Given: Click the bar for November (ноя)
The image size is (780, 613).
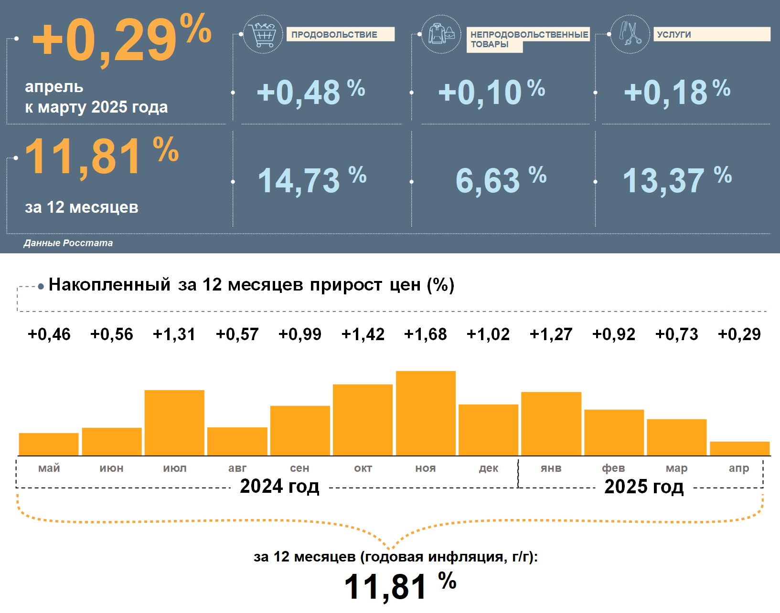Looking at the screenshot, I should click(426, 413).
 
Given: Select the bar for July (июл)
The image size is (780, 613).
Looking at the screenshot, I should click(174, 423).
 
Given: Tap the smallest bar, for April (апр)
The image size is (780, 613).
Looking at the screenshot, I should click(739, 448).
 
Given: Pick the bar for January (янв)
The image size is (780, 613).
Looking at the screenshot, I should click(551, 424).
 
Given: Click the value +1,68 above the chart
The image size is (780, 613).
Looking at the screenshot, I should click(426, 334).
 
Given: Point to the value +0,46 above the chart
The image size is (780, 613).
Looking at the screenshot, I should click(49, 334).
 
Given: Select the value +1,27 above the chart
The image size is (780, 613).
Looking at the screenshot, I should click(551, 334).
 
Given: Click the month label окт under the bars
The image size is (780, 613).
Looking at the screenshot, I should click(363, 468).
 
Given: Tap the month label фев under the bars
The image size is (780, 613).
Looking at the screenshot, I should click(614, 468).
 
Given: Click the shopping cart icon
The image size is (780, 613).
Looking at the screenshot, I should click(262, 34).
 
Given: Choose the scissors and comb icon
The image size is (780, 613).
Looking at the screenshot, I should click(630, 34).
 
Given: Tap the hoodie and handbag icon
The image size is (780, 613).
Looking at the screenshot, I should click(441, 34).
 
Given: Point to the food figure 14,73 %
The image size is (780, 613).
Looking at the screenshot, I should click(312, 181).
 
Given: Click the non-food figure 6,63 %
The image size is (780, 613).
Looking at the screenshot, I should click(500, 181).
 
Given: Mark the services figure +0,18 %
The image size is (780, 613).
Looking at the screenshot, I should click(677, 92).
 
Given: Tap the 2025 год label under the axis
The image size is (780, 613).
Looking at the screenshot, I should click(644, 487).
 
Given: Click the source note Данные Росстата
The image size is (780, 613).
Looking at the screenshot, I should click(68, 243).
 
